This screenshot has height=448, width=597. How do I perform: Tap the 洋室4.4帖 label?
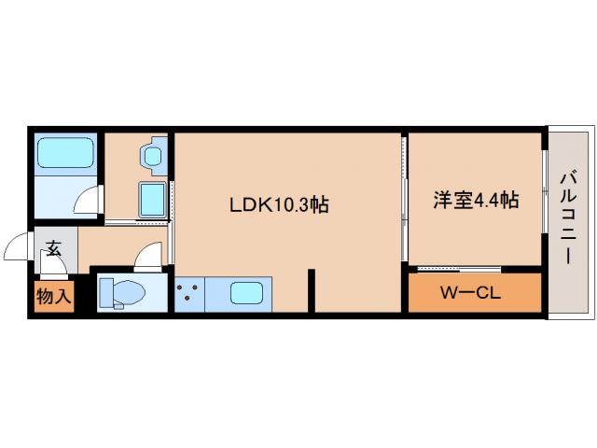click(x=476, y=200)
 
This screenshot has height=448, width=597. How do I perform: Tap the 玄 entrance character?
click(x=54, y=248)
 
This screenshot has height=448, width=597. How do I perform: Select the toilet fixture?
click(x=122, y=292)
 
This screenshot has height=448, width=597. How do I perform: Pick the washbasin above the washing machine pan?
click(x=152, y=153)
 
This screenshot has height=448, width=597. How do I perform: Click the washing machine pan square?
click(x=152, y=199)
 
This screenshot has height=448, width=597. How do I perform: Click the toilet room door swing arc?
click(x=146, y=257)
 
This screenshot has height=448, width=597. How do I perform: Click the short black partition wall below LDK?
click(x=312, y=290)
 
